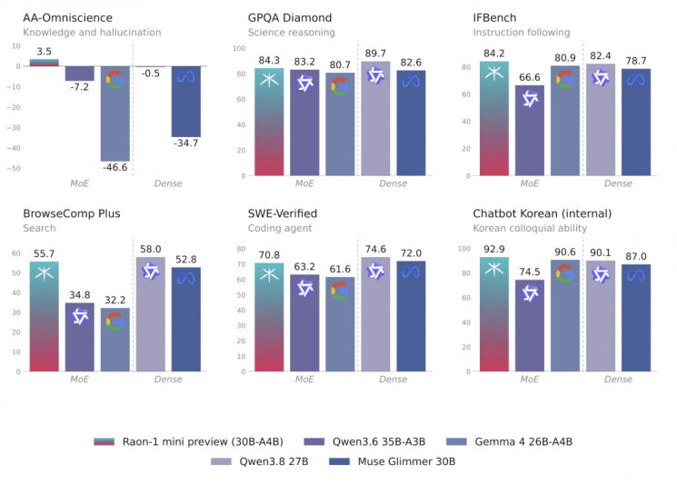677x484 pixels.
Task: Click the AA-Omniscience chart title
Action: coord(67,17)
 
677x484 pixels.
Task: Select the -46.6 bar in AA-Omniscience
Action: coord(115,114)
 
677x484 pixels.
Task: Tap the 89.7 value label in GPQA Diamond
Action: coord(375,53)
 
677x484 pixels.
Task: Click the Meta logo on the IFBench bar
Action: coord(636,80)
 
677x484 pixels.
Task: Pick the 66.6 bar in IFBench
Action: coord(530,130)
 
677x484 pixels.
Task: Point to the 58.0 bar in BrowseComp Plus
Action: coord(151,314)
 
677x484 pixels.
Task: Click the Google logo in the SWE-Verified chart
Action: coord(340,291)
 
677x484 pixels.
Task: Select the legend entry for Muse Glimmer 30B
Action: coord(392,461)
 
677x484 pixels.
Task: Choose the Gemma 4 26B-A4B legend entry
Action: coord(509,441)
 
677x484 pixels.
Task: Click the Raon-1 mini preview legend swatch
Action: coord(105,441)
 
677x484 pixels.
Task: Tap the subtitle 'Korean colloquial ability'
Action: coord(530,228)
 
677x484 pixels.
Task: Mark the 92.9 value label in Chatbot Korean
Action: coord(494,249)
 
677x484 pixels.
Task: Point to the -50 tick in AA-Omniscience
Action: coord(14,169)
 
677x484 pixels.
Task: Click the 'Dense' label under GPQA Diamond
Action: coord(393,183)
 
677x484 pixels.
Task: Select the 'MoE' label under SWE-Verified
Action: coord(304,380)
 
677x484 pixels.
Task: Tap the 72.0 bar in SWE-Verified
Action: coord(411,316)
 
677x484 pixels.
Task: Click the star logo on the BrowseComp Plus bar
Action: coord(44,273)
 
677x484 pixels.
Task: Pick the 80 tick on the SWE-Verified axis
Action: coord(241,249)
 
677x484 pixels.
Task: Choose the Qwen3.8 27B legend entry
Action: coord(260,461)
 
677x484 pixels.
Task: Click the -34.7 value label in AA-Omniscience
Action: coord(186,143)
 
